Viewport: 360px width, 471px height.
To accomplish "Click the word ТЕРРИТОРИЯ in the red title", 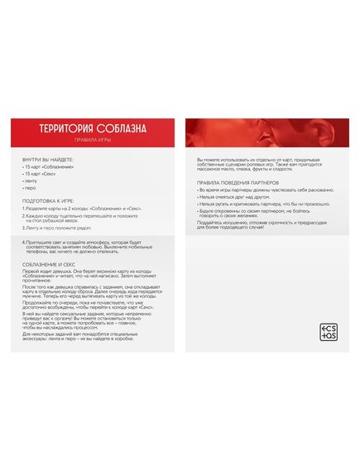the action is click(65, 128).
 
